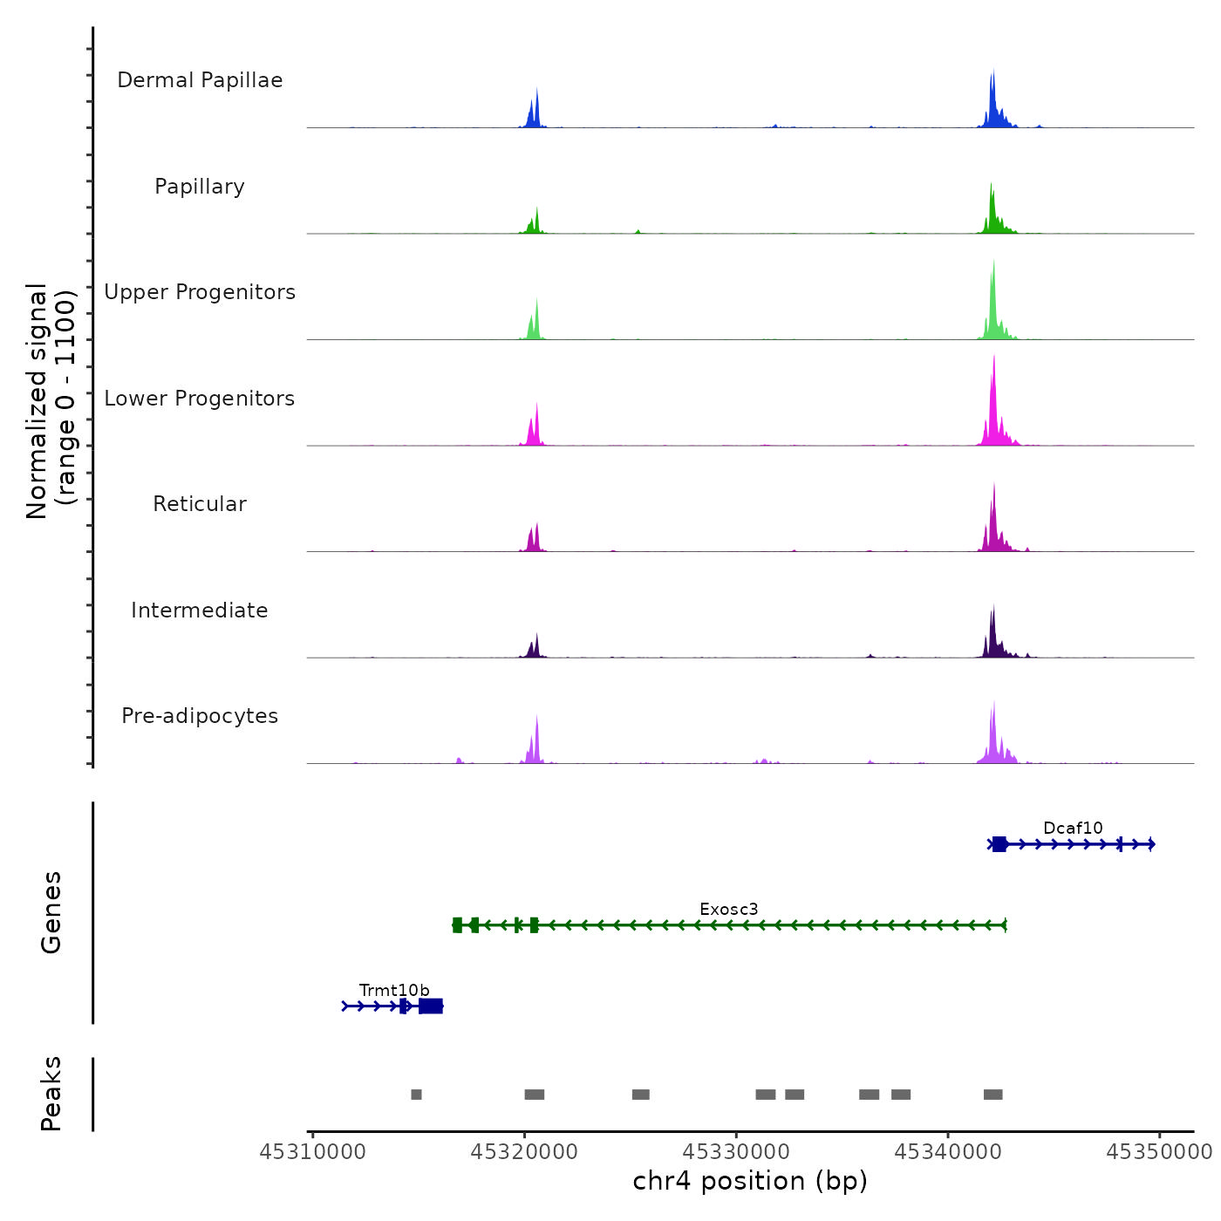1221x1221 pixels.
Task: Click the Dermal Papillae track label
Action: (x=200, y=80)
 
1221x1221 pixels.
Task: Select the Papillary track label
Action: (x=200, y=187)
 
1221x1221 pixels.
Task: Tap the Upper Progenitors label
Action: (x=200, y=292)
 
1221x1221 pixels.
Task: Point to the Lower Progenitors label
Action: (x=200, y=399)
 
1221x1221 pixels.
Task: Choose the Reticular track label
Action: (x=200, y=504)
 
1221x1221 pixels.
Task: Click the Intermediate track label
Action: (x=200, y=610)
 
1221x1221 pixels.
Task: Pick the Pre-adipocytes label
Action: (x=200, y=716)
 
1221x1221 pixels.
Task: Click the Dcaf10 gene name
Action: (x=1073, y=828)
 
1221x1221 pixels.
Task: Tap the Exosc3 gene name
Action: (x=728, y=909)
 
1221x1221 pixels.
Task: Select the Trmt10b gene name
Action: (x=394, y=990)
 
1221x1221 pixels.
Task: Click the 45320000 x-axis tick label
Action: (x=524, y=1152)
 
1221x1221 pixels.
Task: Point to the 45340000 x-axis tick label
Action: (x=948, y=1152)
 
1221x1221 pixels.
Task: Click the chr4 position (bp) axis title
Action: (x=750, y=1181)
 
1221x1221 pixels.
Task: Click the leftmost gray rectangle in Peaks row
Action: (x=416, y=1095)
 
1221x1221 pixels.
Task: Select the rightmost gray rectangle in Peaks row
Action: (x=992, y=1095)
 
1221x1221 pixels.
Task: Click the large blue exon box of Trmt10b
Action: (x=431, y=1006)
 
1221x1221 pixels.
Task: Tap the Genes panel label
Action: (x=51, y=912)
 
